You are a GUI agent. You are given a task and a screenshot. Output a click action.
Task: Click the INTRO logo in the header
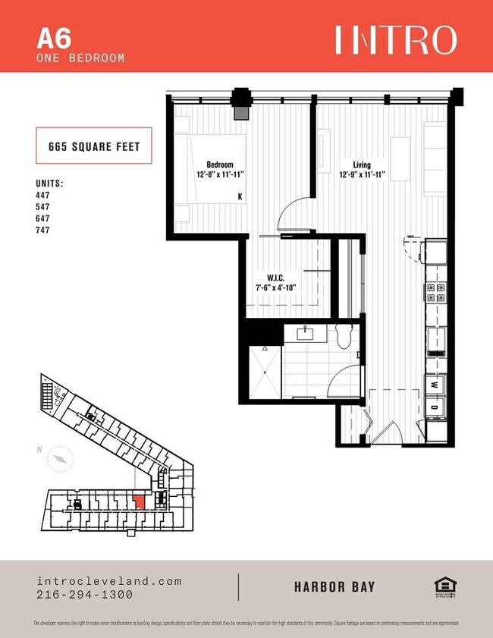tap(396, 39)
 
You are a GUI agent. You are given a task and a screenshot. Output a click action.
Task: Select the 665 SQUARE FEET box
tap(94, 147)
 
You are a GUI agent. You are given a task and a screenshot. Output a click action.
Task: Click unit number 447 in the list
tap(43, 195)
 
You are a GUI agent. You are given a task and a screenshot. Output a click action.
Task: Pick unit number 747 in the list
tap(43, 230)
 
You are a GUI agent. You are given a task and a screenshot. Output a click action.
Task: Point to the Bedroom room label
tap(220, 165)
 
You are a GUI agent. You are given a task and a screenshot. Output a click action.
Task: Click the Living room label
tap(362, 165)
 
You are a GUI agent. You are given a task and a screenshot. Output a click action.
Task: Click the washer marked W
tap(433, 385)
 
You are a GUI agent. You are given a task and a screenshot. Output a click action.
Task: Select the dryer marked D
tap(433, 407)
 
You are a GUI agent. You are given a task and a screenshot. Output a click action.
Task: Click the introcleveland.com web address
tap(109, 581)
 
